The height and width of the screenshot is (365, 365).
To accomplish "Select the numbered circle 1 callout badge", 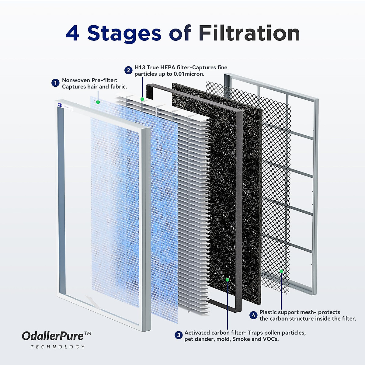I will click(x=55, y=83).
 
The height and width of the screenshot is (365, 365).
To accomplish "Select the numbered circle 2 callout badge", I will click(x=128, y=70).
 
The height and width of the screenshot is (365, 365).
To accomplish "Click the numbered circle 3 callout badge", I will click(x=179, y=335).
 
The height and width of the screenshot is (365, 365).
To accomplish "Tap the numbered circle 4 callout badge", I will click(x=254, y=315).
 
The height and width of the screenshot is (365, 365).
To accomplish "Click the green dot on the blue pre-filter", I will click(x=98, y=102).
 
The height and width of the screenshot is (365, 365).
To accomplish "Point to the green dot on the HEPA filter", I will click(x=142, y=99).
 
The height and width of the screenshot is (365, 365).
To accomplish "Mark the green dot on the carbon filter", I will click(x=227, y=280).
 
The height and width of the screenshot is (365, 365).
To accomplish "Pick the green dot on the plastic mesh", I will click(x=281, y=271).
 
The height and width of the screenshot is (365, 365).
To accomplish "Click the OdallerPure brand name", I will click(x=53, y=336).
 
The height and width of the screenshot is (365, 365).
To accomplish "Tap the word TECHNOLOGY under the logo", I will click(x=58, y=347).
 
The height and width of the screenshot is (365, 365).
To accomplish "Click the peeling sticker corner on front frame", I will click(x=92, y=301).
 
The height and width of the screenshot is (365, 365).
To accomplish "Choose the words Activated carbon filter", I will click(x=213, y=332).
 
